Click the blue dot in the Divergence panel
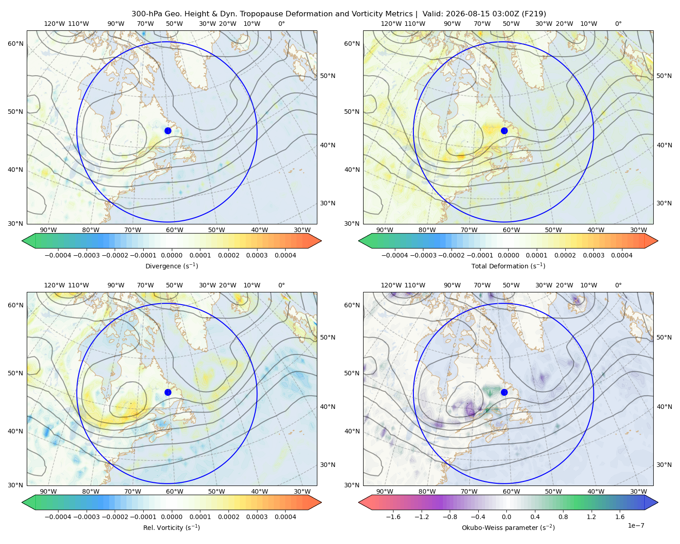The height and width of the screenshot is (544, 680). [x=168, y=131]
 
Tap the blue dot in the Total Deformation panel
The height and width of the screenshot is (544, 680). [x=504, y=131]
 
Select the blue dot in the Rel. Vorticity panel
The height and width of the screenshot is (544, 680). [x=168, y=392]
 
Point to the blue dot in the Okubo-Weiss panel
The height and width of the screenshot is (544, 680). [x=504, y=392]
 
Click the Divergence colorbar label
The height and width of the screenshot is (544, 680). [x=171, y=266]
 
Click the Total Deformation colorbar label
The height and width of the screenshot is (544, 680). [x=508, y=266]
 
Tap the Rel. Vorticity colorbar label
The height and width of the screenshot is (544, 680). [x=171, y=528]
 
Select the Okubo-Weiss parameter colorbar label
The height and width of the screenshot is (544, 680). [x=508, y=528]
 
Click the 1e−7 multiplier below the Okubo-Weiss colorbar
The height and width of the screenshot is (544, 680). [x=636, y=526]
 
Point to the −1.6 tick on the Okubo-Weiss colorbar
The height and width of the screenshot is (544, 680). [x=393, y=517]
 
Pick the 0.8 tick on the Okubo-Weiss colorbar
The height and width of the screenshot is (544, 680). [x=563, y=517]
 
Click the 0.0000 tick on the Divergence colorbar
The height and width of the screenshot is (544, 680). [x=171, y=255]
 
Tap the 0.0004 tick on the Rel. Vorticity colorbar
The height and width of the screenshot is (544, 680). [x=285, y=517]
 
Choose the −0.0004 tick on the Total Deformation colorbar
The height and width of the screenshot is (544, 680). [x=395, y=255]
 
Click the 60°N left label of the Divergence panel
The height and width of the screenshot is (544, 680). [x=15, y=44]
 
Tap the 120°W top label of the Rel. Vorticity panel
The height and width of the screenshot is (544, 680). [x=54, y=285]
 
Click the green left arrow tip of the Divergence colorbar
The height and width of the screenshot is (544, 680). [x=22, y=241]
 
